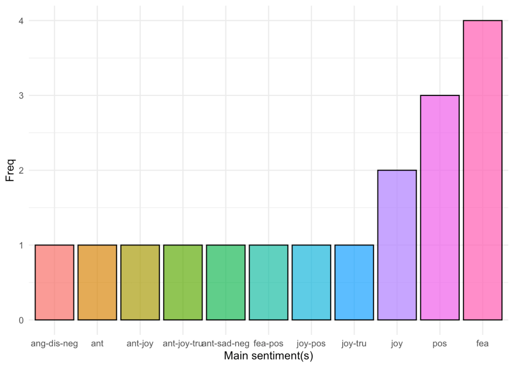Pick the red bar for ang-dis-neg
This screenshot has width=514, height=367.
click(x=54, y=282)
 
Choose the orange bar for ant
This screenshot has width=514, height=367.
click(x=97, y=282)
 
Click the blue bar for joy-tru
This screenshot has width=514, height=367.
click(x=354, y=282)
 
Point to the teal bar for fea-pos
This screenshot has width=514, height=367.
click(x=268, y=282)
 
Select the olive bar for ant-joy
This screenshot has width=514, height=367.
click(x=140, y=282)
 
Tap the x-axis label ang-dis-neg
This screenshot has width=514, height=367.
click(x=54, y=344)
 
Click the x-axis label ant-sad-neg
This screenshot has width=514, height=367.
click(x=227, y=344)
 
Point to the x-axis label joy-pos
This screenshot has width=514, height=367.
click(x=312, y=344)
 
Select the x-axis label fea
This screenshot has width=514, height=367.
click(x=482, y=344)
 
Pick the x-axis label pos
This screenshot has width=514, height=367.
click(x=440, y=344)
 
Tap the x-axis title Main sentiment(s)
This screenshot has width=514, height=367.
click(x=268, y=356)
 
